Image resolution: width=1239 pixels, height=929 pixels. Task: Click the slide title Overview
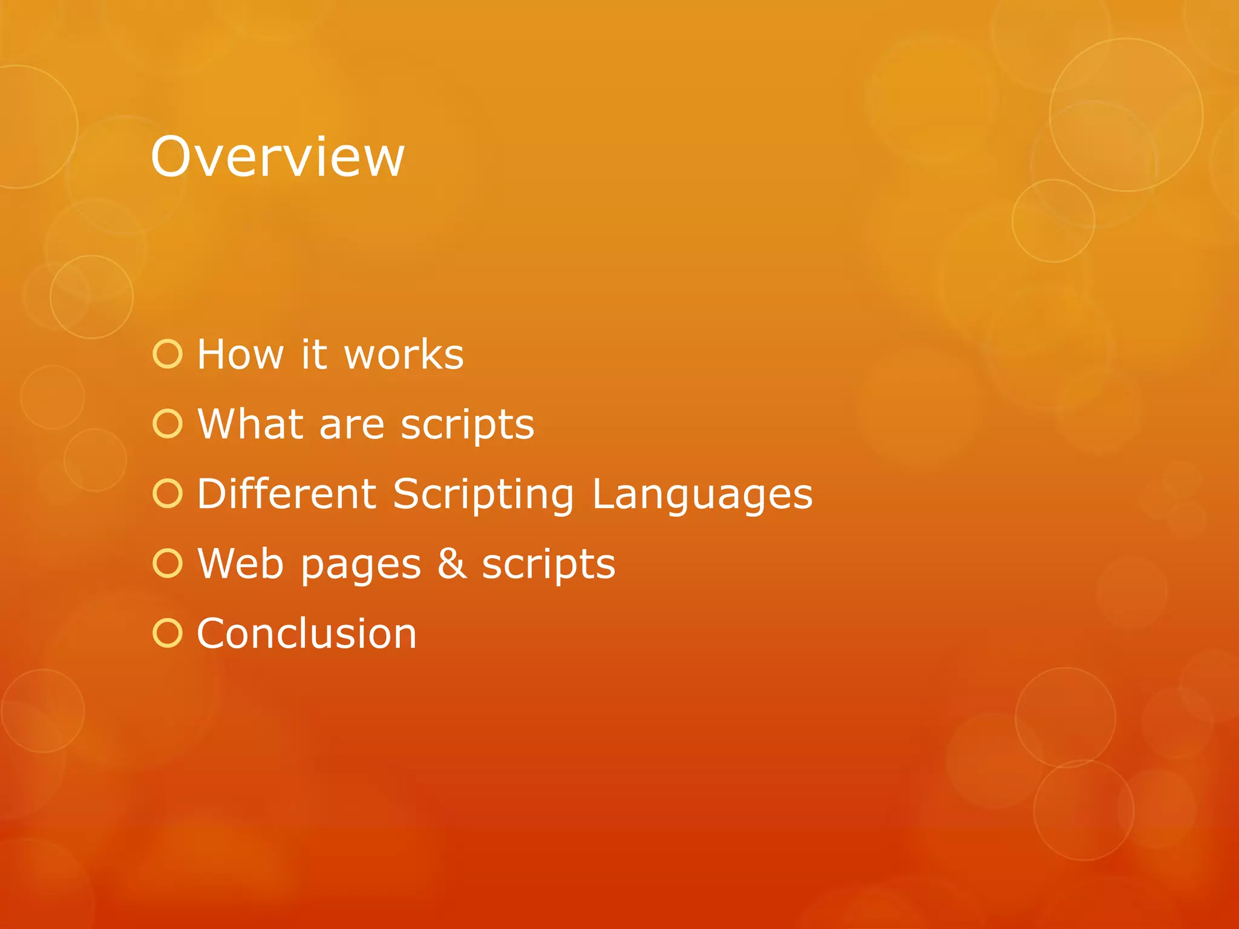point(277,157)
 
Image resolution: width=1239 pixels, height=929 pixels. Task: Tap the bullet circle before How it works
point(168,354)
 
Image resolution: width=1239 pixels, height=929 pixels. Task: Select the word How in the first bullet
point(240,354)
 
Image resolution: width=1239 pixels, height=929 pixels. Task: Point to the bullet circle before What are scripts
point(168,424)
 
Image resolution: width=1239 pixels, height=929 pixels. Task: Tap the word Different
point(287,494)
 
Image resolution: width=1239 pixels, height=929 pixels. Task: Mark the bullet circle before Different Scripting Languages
point(168,494)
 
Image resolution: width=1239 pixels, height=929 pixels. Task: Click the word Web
point(240,564)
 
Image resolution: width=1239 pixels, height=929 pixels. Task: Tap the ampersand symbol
point(452,564)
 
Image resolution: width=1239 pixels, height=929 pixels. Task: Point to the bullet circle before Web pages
point(168,564)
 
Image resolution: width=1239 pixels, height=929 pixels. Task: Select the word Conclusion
point(307,634)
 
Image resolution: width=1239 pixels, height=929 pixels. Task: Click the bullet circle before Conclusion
point(168,633)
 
